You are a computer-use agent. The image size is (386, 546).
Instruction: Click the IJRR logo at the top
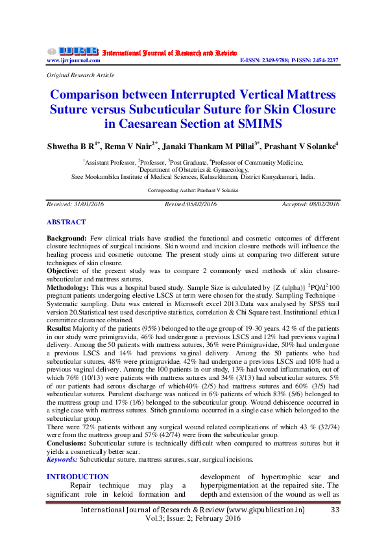pyautogui.click(x=73, y=51)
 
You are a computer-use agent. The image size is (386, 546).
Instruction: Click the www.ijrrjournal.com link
pyautogui.click(x=73, y=60)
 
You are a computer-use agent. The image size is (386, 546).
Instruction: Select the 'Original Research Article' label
pyautogui.click(x=77, y=76)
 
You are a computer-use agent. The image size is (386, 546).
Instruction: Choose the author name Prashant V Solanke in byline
pyautogui.click(x=304, y=146)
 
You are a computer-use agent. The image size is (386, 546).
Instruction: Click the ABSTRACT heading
pyautogui.click(x=66, y=222)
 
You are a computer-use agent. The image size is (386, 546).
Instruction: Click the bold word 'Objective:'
pyautogui.click(x=64, y=268)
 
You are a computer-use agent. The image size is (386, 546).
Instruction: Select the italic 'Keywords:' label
pyautogui.click(x=62, y=459)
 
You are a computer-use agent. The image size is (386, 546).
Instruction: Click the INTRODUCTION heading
pyautogui.click(x=78, y=477)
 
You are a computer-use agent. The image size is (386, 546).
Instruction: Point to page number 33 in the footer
pyautogui.click(x=335, y=510)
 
